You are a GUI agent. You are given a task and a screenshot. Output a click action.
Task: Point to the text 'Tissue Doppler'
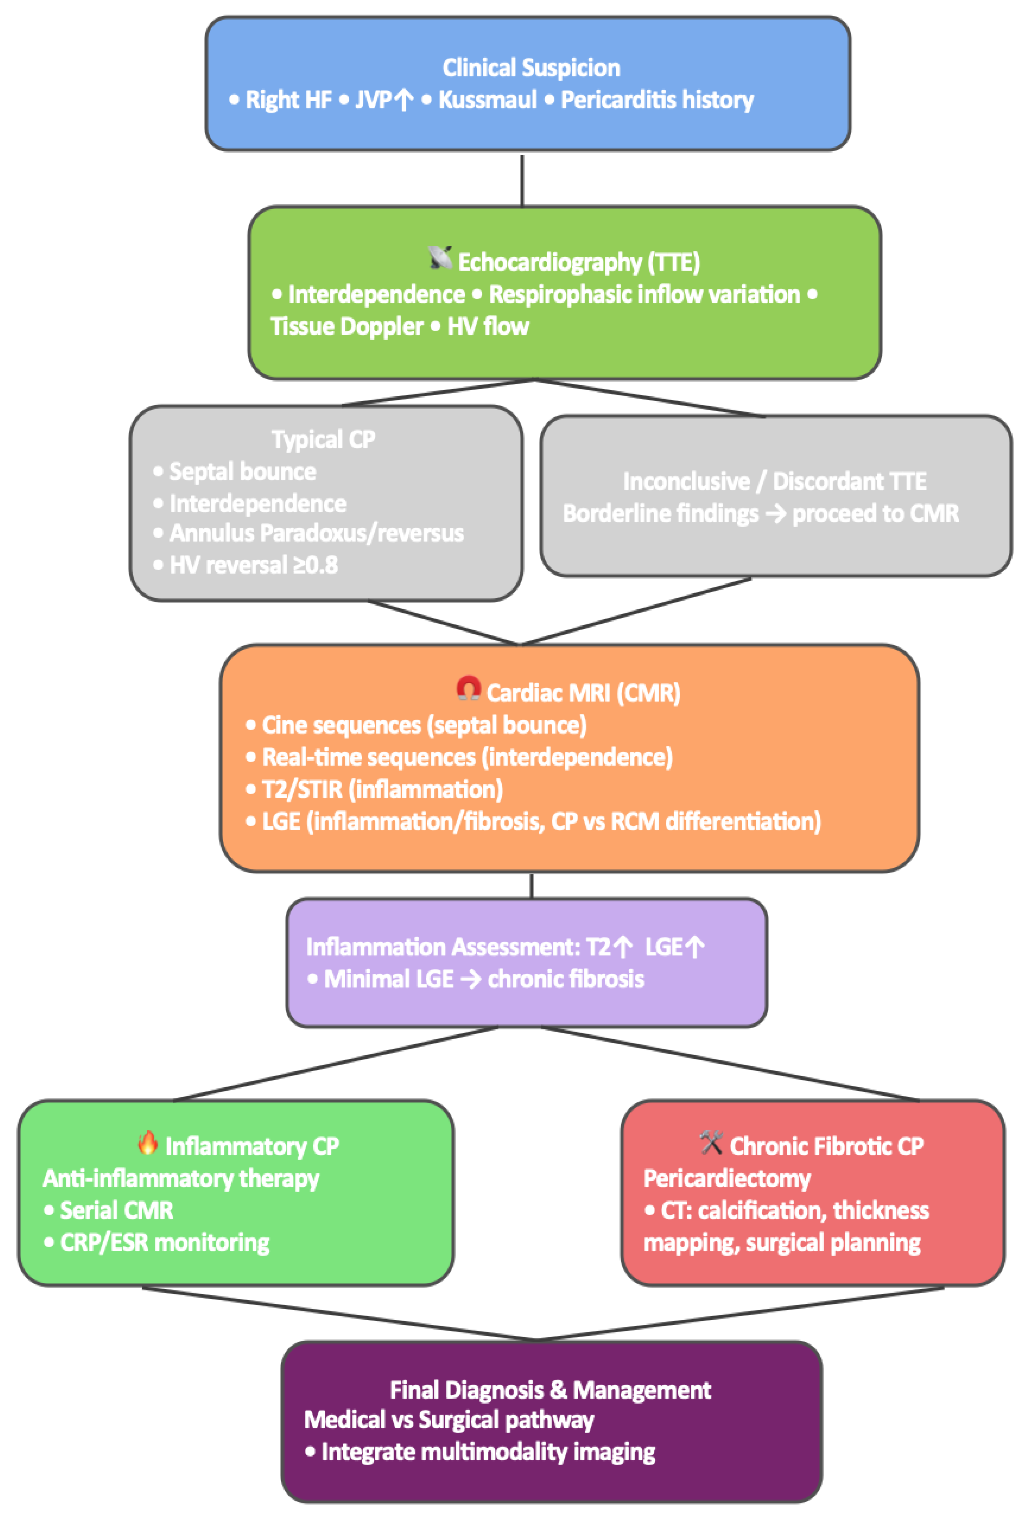[x=346, y=326]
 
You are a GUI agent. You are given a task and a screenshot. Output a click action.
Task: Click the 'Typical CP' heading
[x=323, y=439]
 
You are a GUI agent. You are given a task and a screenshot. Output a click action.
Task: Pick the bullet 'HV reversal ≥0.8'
[x=253, y=565]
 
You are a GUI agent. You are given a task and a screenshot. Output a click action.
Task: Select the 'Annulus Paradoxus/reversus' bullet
[x=316, y=533]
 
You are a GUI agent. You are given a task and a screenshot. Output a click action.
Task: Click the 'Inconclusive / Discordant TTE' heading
[x=774, y=481]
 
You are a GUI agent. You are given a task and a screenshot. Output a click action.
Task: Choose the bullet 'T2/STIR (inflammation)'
[x=382, y=789]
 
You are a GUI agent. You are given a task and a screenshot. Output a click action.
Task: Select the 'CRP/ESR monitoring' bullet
[x=164, y=1242]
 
